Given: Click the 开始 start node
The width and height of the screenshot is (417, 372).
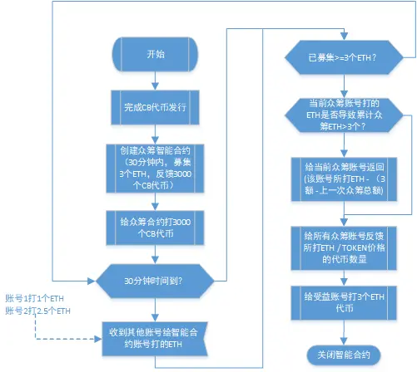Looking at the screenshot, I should (x=156, y=56).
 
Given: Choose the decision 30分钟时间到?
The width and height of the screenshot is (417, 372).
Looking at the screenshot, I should (x=156, y=280).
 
